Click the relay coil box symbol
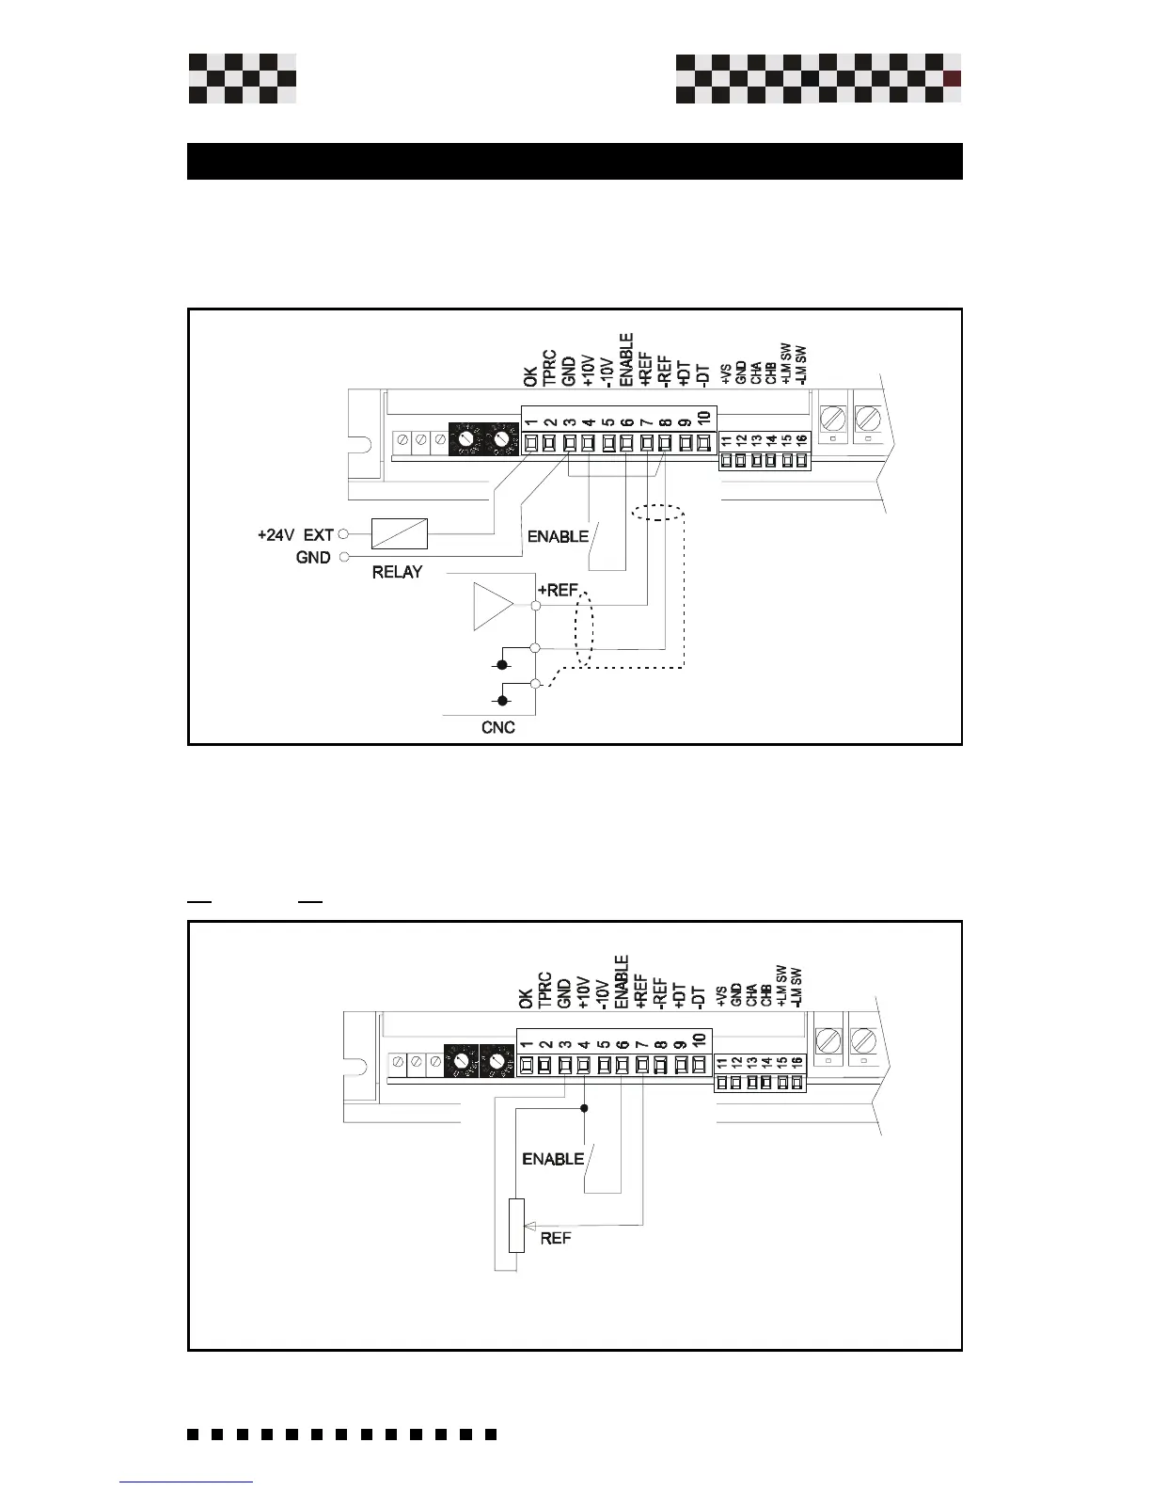400,533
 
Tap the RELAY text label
397,572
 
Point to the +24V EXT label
295,534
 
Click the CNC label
497,727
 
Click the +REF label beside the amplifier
557,590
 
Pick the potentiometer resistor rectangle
516,1226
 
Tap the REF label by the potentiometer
556,1239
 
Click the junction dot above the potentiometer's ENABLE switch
584,1108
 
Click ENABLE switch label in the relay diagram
558,537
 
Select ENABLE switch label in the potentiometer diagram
553,1159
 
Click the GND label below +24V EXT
313,558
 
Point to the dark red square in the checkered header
952,79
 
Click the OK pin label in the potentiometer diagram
526,997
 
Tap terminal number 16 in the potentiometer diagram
796,1062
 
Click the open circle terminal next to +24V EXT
343,534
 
